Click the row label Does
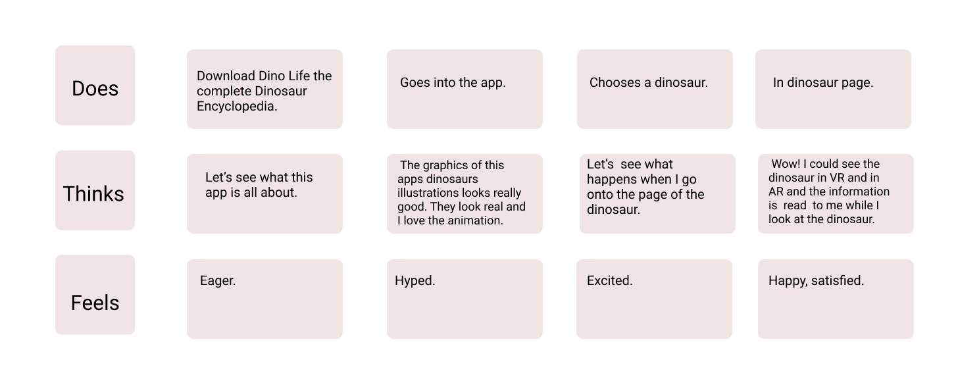tap(95, 88)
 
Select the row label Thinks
tap(93, 193)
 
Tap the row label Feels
tap(95, 303)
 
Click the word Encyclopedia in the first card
tap(237, 106)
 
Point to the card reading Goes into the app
tap(465, 89)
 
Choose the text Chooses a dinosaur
tap(648, 82)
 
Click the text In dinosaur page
tap(823, 82)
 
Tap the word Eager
tap(218, 280)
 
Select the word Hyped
tap(415, 280)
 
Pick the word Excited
tap(609, 280)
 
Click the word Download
tap(226, 76)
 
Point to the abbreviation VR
tap(836, 178)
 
